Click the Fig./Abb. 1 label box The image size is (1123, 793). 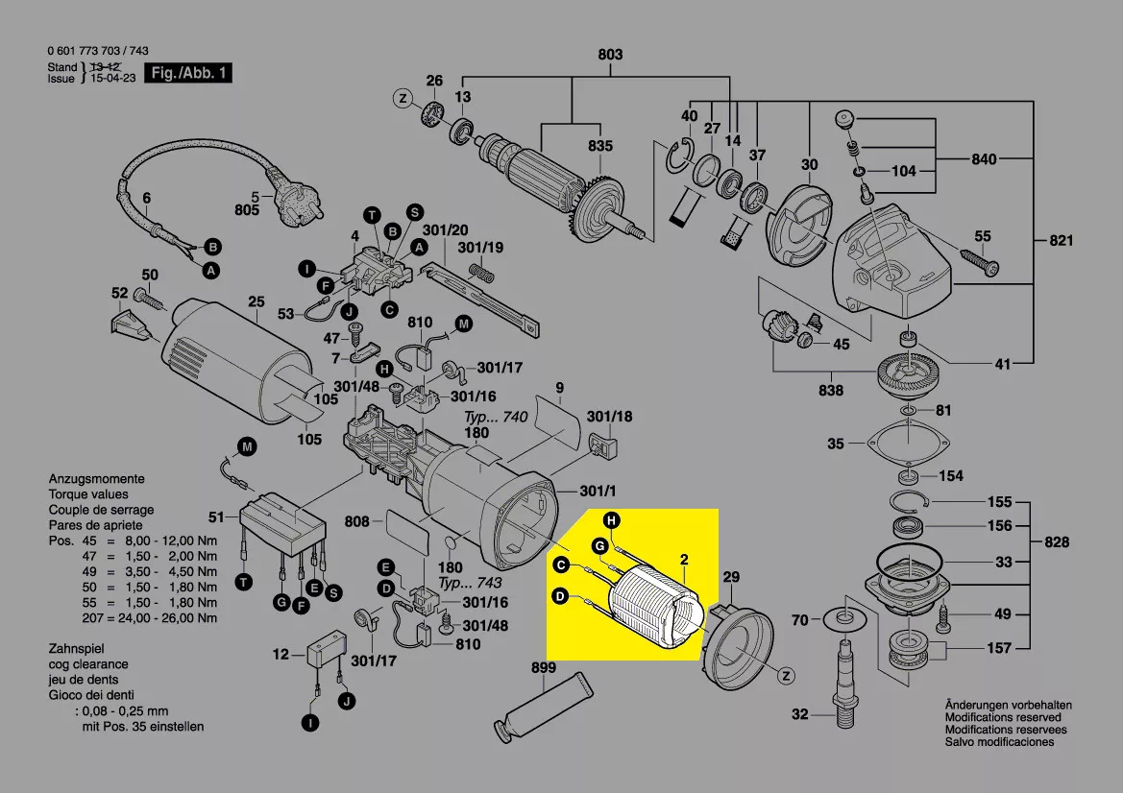(x=188, y=73)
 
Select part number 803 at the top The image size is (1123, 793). (x=610, y=55)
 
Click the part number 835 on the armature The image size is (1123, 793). (x=600, y=146)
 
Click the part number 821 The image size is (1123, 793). (x=1061, y=241)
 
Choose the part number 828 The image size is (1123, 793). (x=1057, y=542)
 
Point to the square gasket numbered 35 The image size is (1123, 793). (x=902, y=443)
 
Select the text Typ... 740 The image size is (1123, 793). (x=497, y=419)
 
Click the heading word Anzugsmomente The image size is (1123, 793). (x=96, y=478)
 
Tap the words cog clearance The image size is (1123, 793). (x=87, y=664)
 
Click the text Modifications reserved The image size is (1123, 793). (x=1003, y=717)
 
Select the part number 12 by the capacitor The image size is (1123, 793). (x=281, y=655)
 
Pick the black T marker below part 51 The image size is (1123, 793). (x=244, y=582)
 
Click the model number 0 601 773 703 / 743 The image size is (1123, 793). (x=97, y=51)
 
